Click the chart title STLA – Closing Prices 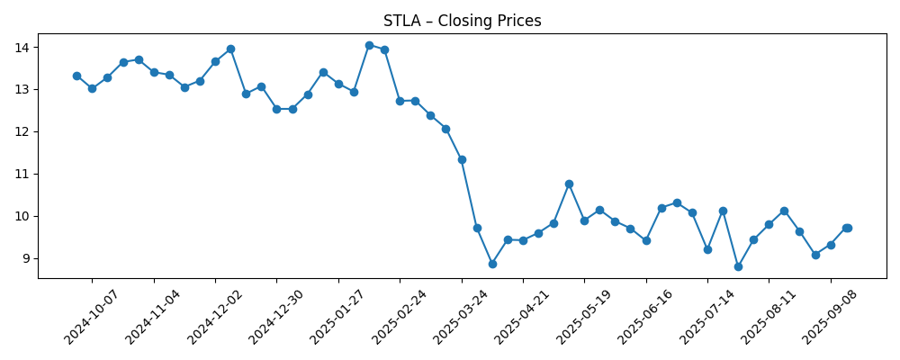[462, 21]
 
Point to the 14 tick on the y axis [23, 47]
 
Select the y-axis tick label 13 [23, 89]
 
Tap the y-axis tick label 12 [23, 131]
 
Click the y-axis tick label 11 [23, 174]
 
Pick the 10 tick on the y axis [23, 216]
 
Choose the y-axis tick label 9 [27, 258]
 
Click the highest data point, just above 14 [369, 45]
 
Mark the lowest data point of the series [738, 266]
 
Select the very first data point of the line [76, 76]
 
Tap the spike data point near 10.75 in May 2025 [569, 184]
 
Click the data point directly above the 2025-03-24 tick [462, 159]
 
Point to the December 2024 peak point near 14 [230, 49]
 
